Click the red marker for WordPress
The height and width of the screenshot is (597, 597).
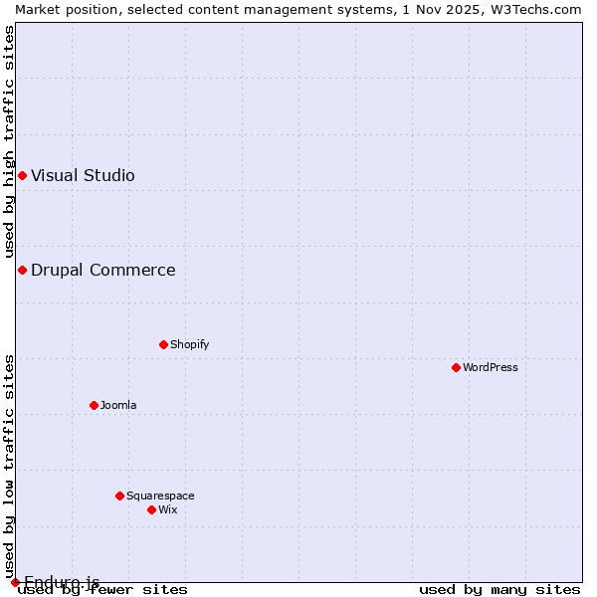(x=456, y=367)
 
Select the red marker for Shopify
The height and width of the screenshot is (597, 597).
(x=163, y=344)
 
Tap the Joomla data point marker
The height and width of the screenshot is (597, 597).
(x=94, y=405)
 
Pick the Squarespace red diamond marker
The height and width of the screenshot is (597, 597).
(x=119, y=496)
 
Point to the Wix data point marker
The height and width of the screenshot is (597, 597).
(x=151, y=509)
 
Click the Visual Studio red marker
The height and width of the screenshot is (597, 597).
(x=22, y=175)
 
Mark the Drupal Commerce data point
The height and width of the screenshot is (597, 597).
(x=22, y=270)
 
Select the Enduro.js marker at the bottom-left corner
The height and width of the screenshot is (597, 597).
(x=15, y=582)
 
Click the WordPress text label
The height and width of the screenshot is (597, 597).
(x=491, y=367)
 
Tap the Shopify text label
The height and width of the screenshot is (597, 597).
(x=189, y=344)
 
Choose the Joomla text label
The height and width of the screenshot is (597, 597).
(x=118, y=405)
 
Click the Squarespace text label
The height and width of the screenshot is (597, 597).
(x=160, y=496)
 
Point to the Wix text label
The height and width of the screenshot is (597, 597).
(x=167, y=509)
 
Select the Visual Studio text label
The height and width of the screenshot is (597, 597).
(x=83, y=175)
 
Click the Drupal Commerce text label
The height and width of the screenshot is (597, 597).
(x=102, y=270)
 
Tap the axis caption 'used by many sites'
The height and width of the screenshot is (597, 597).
(x=499, y=589)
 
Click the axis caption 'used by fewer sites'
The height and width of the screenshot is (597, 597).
(x=102, y=589)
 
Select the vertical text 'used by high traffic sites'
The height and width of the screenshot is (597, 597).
(x=9, y=142)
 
